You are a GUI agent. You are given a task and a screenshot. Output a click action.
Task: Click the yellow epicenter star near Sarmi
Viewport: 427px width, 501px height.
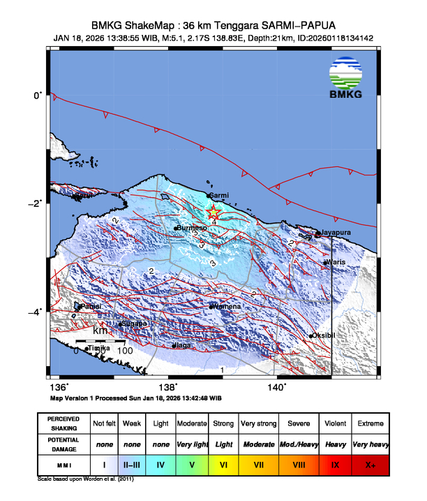click(x=214, y=213)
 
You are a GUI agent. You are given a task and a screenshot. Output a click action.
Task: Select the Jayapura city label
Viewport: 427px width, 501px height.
click(x=336, y=232)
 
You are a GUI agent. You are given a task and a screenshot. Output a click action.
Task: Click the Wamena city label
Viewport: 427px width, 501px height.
click(x=227, y=306)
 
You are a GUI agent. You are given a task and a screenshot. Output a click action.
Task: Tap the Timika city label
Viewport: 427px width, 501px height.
click(x=100, y=347)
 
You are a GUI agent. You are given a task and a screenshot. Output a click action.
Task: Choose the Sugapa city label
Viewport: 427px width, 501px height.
click(x=134, y=324)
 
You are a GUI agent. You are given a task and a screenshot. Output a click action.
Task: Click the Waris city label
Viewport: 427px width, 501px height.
click(x=336, y=262)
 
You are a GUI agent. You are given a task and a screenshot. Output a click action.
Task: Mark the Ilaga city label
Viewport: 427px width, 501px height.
click(x=183, y=344)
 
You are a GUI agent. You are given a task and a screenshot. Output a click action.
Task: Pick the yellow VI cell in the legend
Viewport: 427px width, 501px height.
click(x=223, y=464)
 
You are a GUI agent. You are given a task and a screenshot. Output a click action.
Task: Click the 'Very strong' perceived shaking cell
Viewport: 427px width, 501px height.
click(x=257, y=423)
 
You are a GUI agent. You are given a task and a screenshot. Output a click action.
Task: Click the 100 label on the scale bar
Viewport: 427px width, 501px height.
click(x=125, y=350)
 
